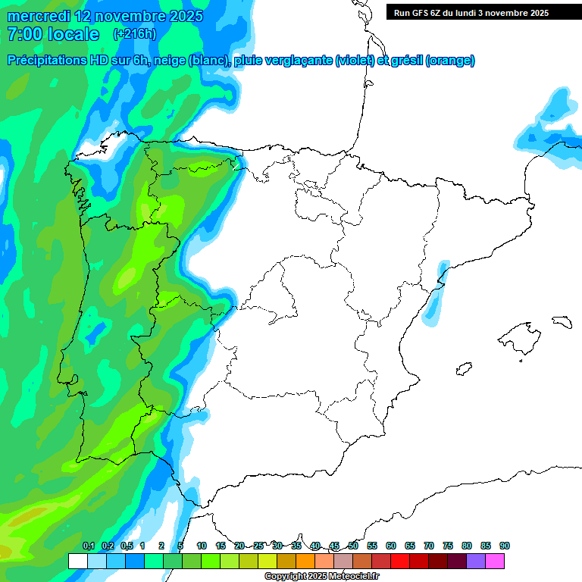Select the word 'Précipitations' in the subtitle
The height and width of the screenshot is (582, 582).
pos(46,61)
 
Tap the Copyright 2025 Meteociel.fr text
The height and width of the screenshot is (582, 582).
pos(321,577)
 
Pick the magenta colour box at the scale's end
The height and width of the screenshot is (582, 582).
pos(495,561)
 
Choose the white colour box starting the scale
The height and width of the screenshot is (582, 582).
pos(78,561)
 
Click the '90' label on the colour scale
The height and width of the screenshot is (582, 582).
pos(505,546)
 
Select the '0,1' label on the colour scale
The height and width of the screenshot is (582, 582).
pos(89,546)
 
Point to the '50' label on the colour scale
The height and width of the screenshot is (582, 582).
pos(353,546)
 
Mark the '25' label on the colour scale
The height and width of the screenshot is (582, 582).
pos(258,546)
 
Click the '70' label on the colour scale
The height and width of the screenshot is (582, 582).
pos(429,546)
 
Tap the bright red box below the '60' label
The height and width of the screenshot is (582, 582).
pos(400,561)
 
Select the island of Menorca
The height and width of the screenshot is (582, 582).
pos(562,321)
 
